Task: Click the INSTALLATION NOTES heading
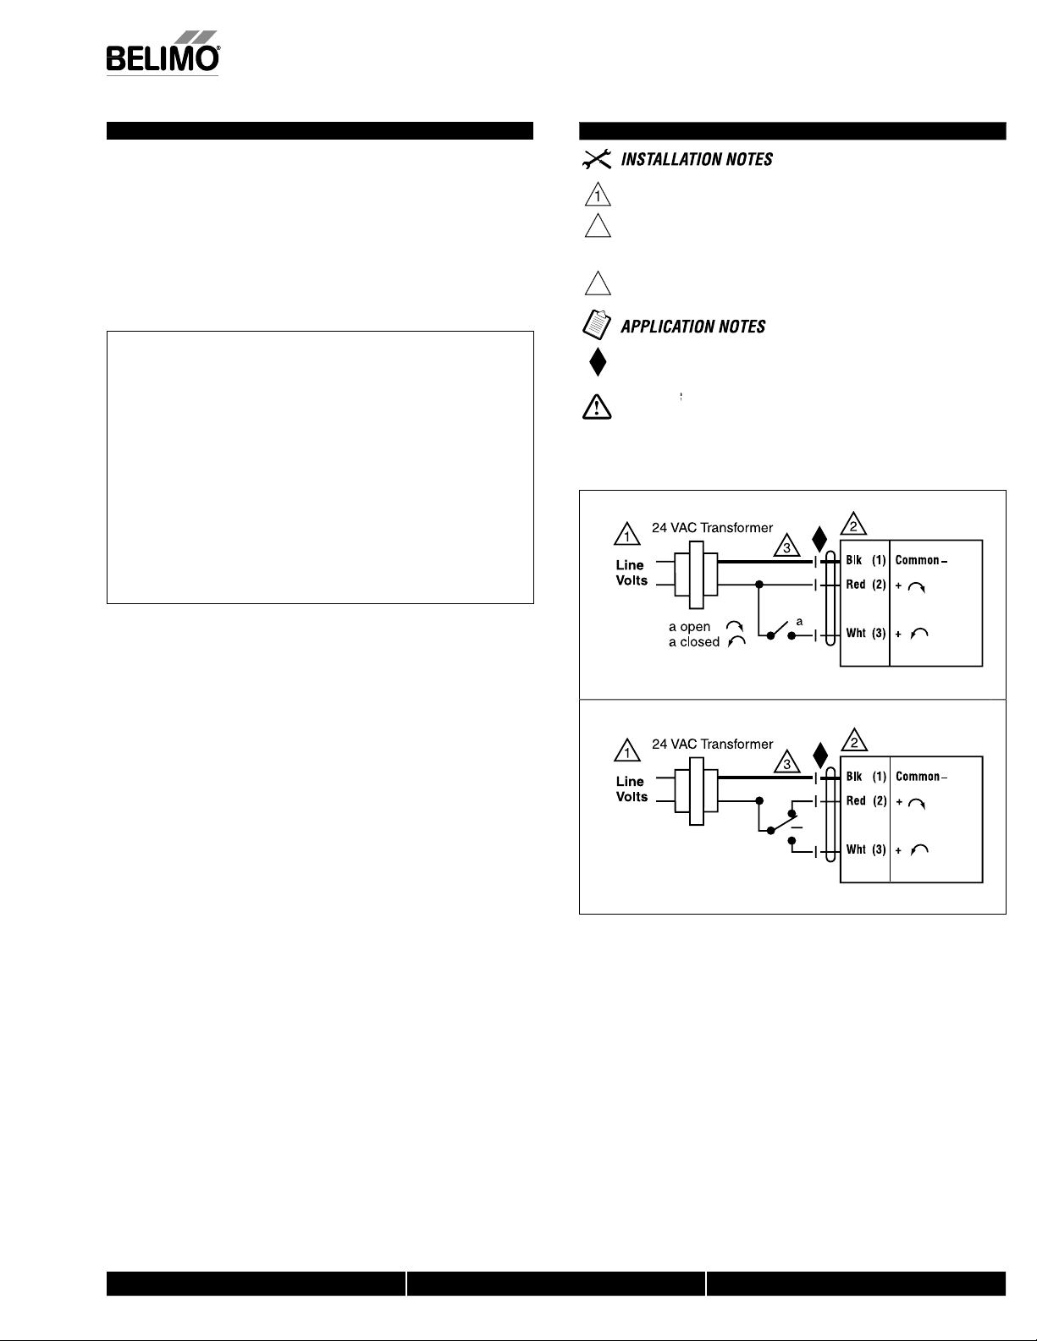tap(696, 160)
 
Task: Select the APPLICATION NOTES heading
tap(692, 327)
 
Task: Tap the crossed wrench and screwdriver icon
tap(596, 159)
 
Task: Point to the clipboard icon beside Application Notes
tap(596, 325)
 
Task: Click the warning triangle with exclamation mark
tap(597, 407)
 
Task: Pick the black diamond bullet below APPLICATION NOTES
tap(598, 361)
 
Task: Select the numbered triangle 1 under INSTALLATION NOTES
tap(598, 194)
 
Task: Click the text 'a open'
tap(689, 627)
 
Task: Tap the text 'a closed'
tap(694, 642)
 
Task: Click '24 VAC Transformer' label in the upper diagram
tap(712, 528)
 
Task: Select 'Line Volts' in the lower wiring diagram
tap(632, 789)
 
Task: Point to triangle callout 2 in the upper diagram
tap(853, 524)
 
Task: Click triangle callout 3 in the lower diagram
tap(786, 762)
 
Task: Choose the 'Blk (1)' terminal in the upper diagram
tap(865, 560)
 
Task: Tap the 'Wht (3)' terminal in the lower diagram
tap(866, 849)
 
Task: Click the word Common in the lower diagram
tap(918, 777)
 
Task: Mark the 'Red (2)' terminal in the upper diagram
tap(865, 585)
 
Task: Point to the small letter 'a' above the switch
tap(799, 622)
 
